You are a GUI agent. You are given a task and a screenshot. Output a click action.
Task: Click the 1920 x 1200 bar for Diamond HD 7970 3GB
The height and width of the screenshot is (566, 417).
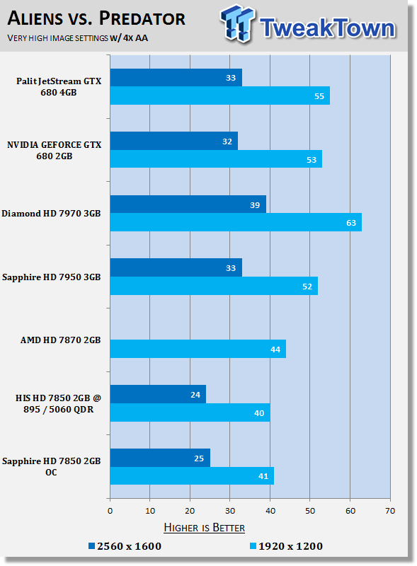(x=235, y=222)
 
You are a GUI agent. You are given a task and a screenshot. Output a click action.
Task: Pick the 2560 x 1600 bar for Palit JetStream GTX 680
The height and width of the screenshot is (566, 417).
(x=176, y=77)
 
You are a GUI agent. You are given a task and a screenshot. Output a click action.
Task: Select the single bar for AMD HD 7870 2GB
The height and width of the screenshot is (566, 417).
(x=198, y=348)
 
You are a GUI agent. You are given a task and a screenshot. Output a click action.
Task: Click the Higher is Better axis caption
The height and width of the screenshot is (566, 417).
(x=205, y=527)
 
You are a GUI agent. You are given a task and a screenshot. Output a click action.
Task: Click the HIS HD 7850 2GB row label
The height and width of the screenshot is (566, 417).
(x=59, y=403)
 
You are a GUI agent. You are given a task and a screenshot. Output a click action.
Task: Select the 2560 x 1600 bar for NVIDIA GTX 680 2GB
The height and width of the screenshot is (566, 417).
(x=173, y=141)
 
